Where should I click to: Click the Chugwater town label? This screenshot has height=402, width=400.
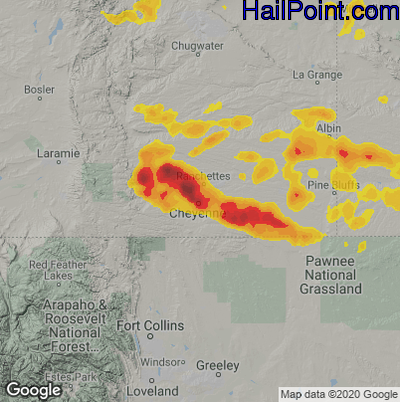pos(197,46)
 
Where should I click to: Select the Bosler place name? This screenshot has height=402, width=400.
pos(40,90)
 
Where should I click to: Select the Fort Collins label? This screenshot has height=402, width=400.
pos(150,326)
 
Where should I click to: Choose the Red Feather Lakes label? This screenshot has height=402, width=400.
pos(51,269)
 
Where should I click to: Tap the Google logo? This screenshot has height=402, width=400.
pos(33,389)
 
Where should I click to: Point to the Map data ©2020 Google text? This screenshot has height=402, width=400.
pos(338,393)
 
